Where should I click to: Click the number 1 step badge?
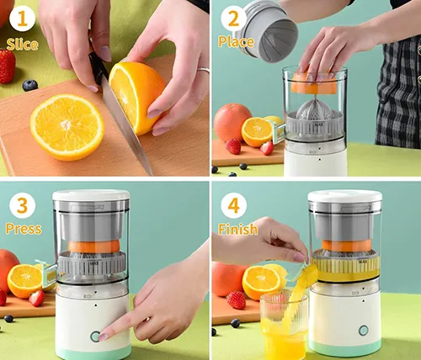[x=23, y=19]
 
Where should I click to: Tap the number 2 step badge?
[x=233, y=19]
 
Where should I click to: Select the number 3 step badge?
[x=23, y=206]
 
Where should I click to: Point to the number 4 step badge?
[x=233, y=206]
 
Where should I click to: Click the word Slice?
[x=22, y=45]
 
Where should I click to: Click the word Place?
[x=237, y=42]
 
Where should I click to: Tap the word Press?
[x=24, y=229]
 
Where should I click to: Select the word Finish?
[x=238, y=229]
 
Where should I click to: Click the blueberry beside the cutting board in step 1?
[x=29, y=85]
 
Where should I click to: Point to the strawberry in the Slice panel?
[x=8, y=66]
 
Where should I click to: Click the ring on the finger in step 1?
[x=204, y=70]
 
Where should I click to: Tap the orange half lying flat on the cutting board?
[x=67, y=127]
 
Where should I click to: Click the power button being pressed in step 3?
[x=95, y=336]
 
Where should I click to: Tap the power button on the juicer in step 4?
[x=364, y=331]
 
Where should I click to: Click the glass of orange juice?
[x=284, y=326]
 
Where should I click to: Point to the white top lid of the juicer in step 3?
[x=91, y=195]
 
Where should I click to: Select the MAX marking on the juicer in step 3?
[x=93, y=263]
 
